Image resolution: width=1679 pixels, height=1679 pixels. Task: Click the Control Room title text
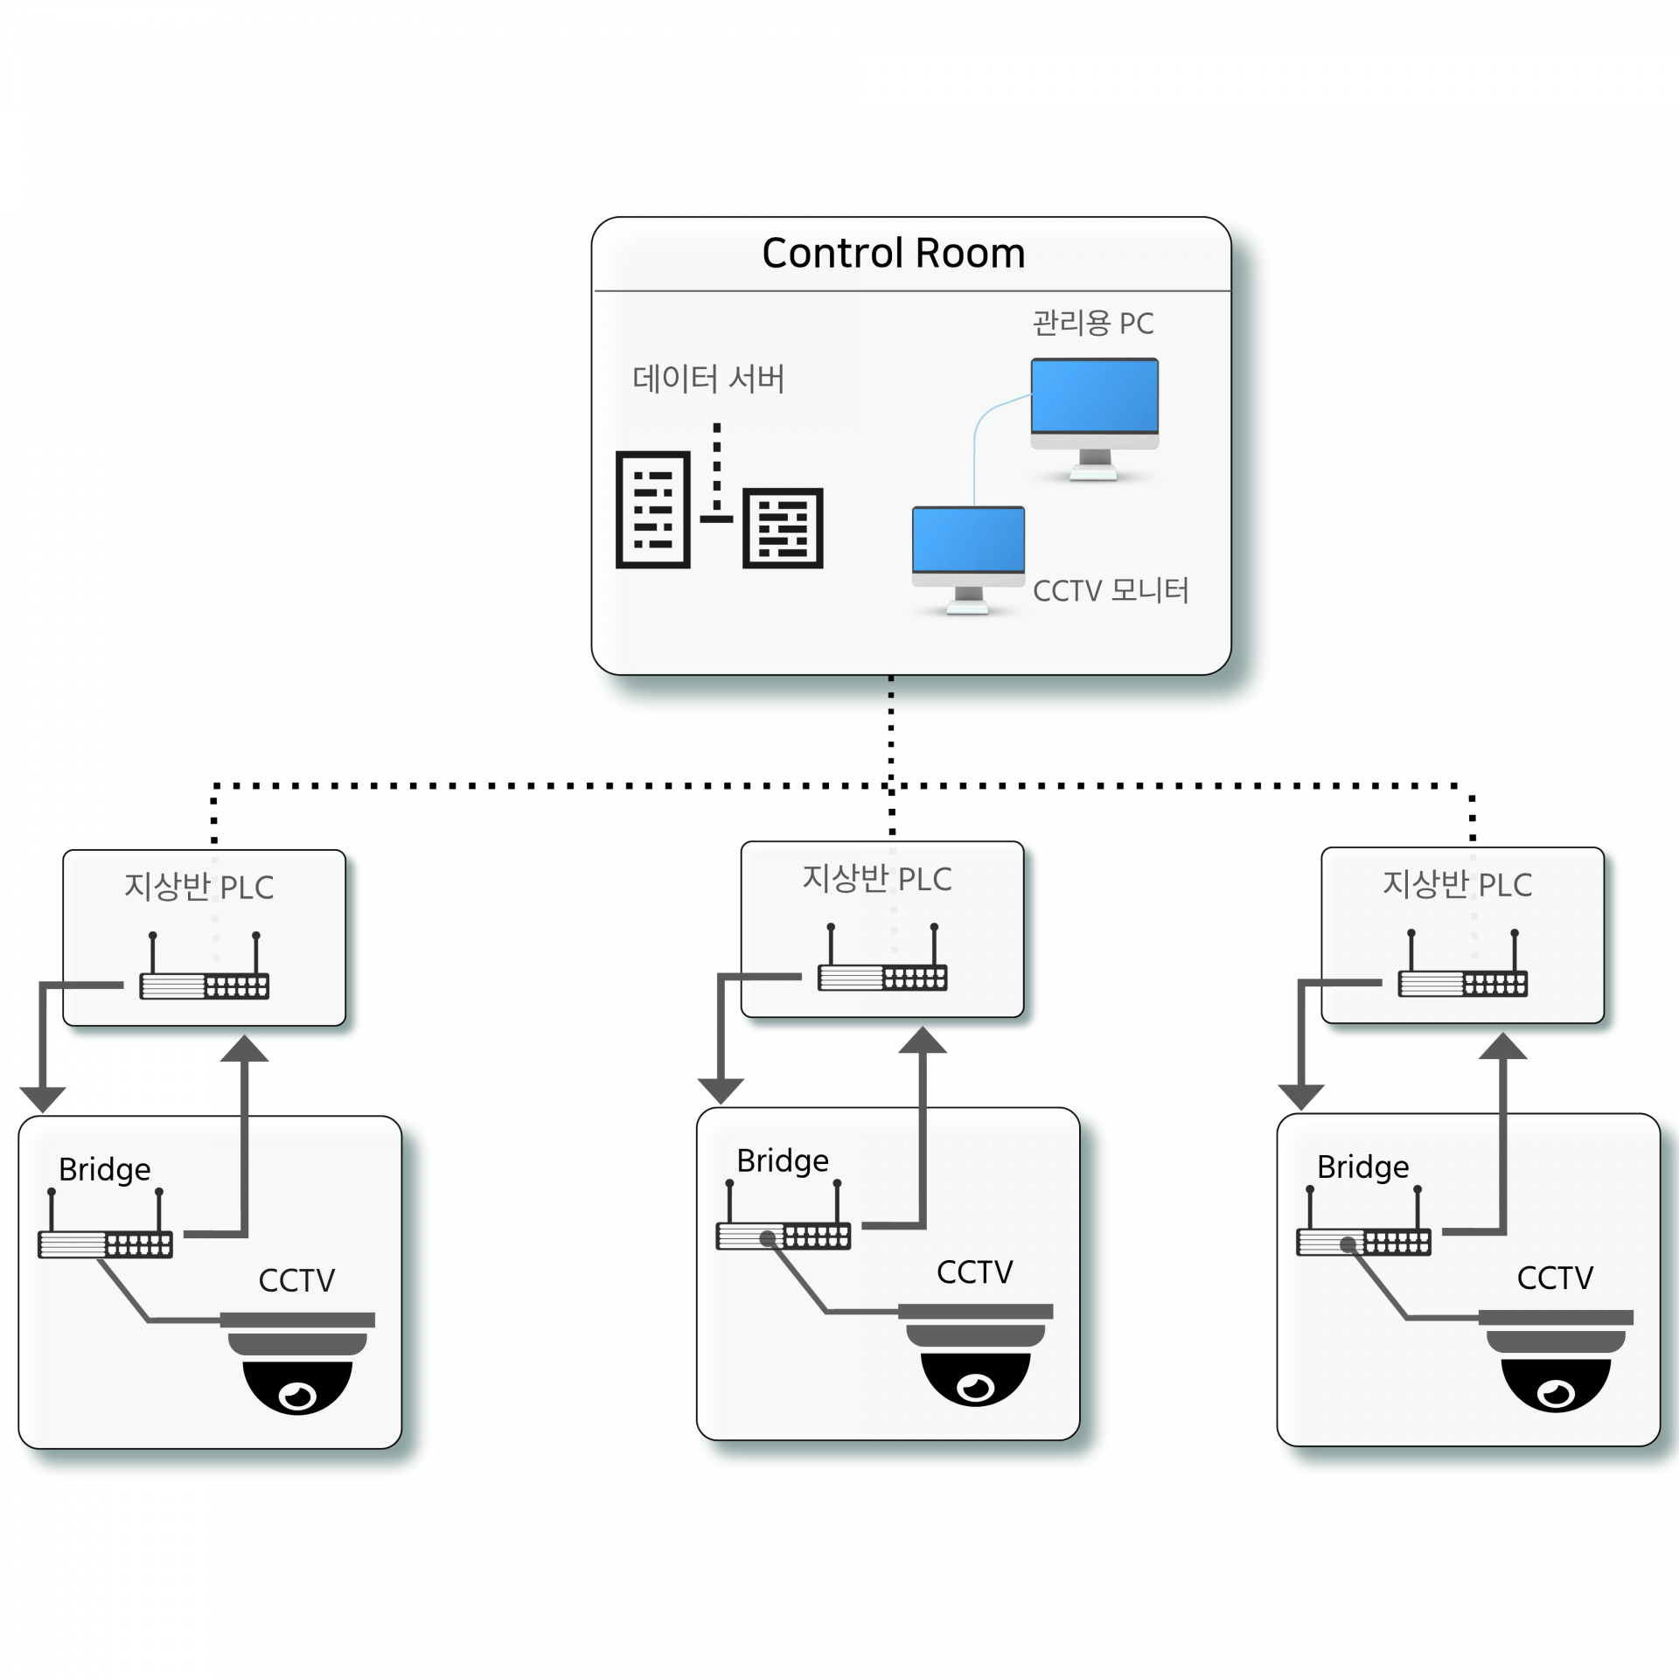pyautogui.click(x=893, y=254)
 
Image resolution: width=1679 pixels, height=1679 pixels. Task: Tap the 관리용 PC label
pyautogui.click(x=1092, y=324)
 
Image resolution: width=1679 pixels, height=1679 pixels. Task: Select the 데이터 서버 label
pyautogui.click(x=708, y=379)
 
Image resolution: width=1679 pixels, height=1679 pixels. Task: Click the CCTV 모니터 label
pyautogui.click(x=1111, y=591)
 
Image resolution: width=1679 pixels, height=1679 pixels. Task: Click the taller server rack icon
pyautogui.click(x=653, y=510)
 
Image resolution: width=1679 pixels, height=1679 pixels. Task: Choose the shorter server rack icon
pyautogui.click(x=783, y=528)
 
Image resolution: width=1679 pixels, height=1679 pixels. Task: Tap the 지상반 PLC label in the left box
pyautogui.click(x=199, y=887)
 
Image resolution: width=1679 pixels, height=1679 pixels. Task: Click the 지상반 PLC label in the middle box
pyautogui.click(x=877, y=879)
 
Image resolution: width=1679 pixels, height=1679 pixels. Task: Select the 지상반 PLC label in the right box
pyautogui.click(x=1457, y=884)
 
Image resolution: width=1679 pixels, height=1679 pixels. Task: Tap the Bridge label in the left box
pyautogui.click(x=104, y=1170)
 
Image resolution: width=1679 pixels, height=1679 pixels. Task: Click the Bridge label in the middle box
pyautogui.click(x=783, y=1161)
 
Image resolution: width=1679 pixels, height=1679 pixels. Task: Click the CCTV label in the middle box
pyautogui.click(x=974, y=1272)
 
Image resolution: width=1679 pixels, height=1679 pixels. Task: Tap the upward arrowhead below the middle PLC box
pyautogui.click(x=923, y=1041)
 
